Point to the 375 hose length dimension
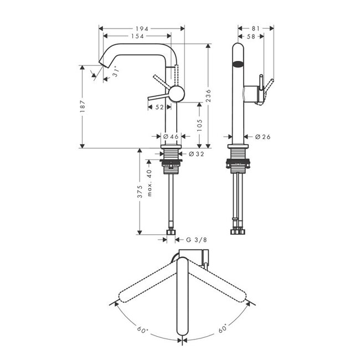tap(141, 192)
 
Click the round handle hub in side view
tap(176, 94)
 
